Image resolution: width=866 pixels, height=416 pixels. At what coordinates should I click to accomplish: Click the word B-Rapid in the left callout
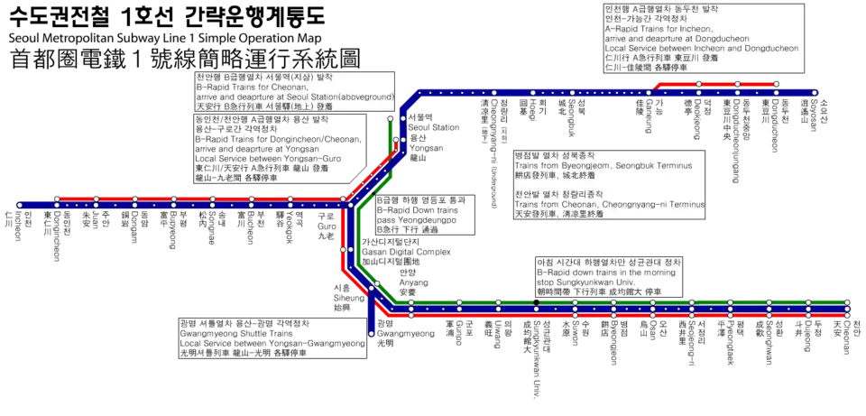tap(213, 87)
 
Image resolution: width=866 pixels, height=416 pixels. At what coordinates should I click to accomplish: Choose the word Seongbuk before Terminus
tap(645, 166)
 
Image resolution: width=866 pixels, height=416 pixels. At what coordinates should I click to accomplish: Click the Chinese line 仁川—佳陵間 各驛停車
tap(645, 68)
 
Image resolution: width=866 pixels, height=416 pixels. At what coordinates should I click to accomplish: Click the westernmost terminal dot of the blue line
tap(18, 205)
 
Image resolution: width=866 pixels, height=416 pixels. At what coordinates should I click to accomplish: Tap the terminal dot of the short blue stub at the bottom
tap(371, 334)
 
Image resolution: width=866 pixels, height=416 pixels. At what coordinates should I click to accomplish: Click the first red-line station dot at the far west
tap(57, 199)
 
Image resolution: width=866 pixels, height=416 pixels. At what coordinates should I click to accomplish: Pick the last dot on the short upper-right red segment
tap(777, 84)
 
